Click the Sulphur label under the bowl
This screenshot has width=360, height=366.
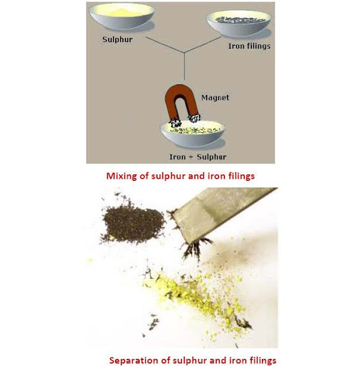click(117, 39)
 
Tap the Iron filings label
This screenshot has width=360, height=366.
click(249, 46)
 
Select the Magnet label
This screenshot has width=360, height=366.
click(215, 98)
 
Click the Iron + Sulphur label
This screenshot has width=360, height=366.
click(198, 157)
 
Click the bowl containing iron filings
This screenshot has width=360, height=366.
click(238, 23)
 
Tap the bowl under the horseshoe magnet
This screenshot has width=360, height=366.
click(193, 134)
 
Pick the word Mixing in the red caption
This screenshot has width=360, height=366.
click(122, 177)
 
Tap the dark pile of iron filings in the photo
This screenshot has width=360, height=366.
click(132, 224)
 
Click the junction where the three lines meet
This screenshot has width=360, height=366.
click(184, 52)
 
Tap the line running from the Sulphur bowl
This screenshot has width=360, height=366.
click(165, 45)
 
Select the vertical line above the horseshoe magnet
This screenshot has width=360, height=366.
click(184, 66)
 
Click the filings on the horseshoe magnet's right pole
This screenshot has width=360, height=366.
click(195, 118)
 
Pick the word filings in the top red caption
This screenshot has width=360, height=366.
click(241, 177)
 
